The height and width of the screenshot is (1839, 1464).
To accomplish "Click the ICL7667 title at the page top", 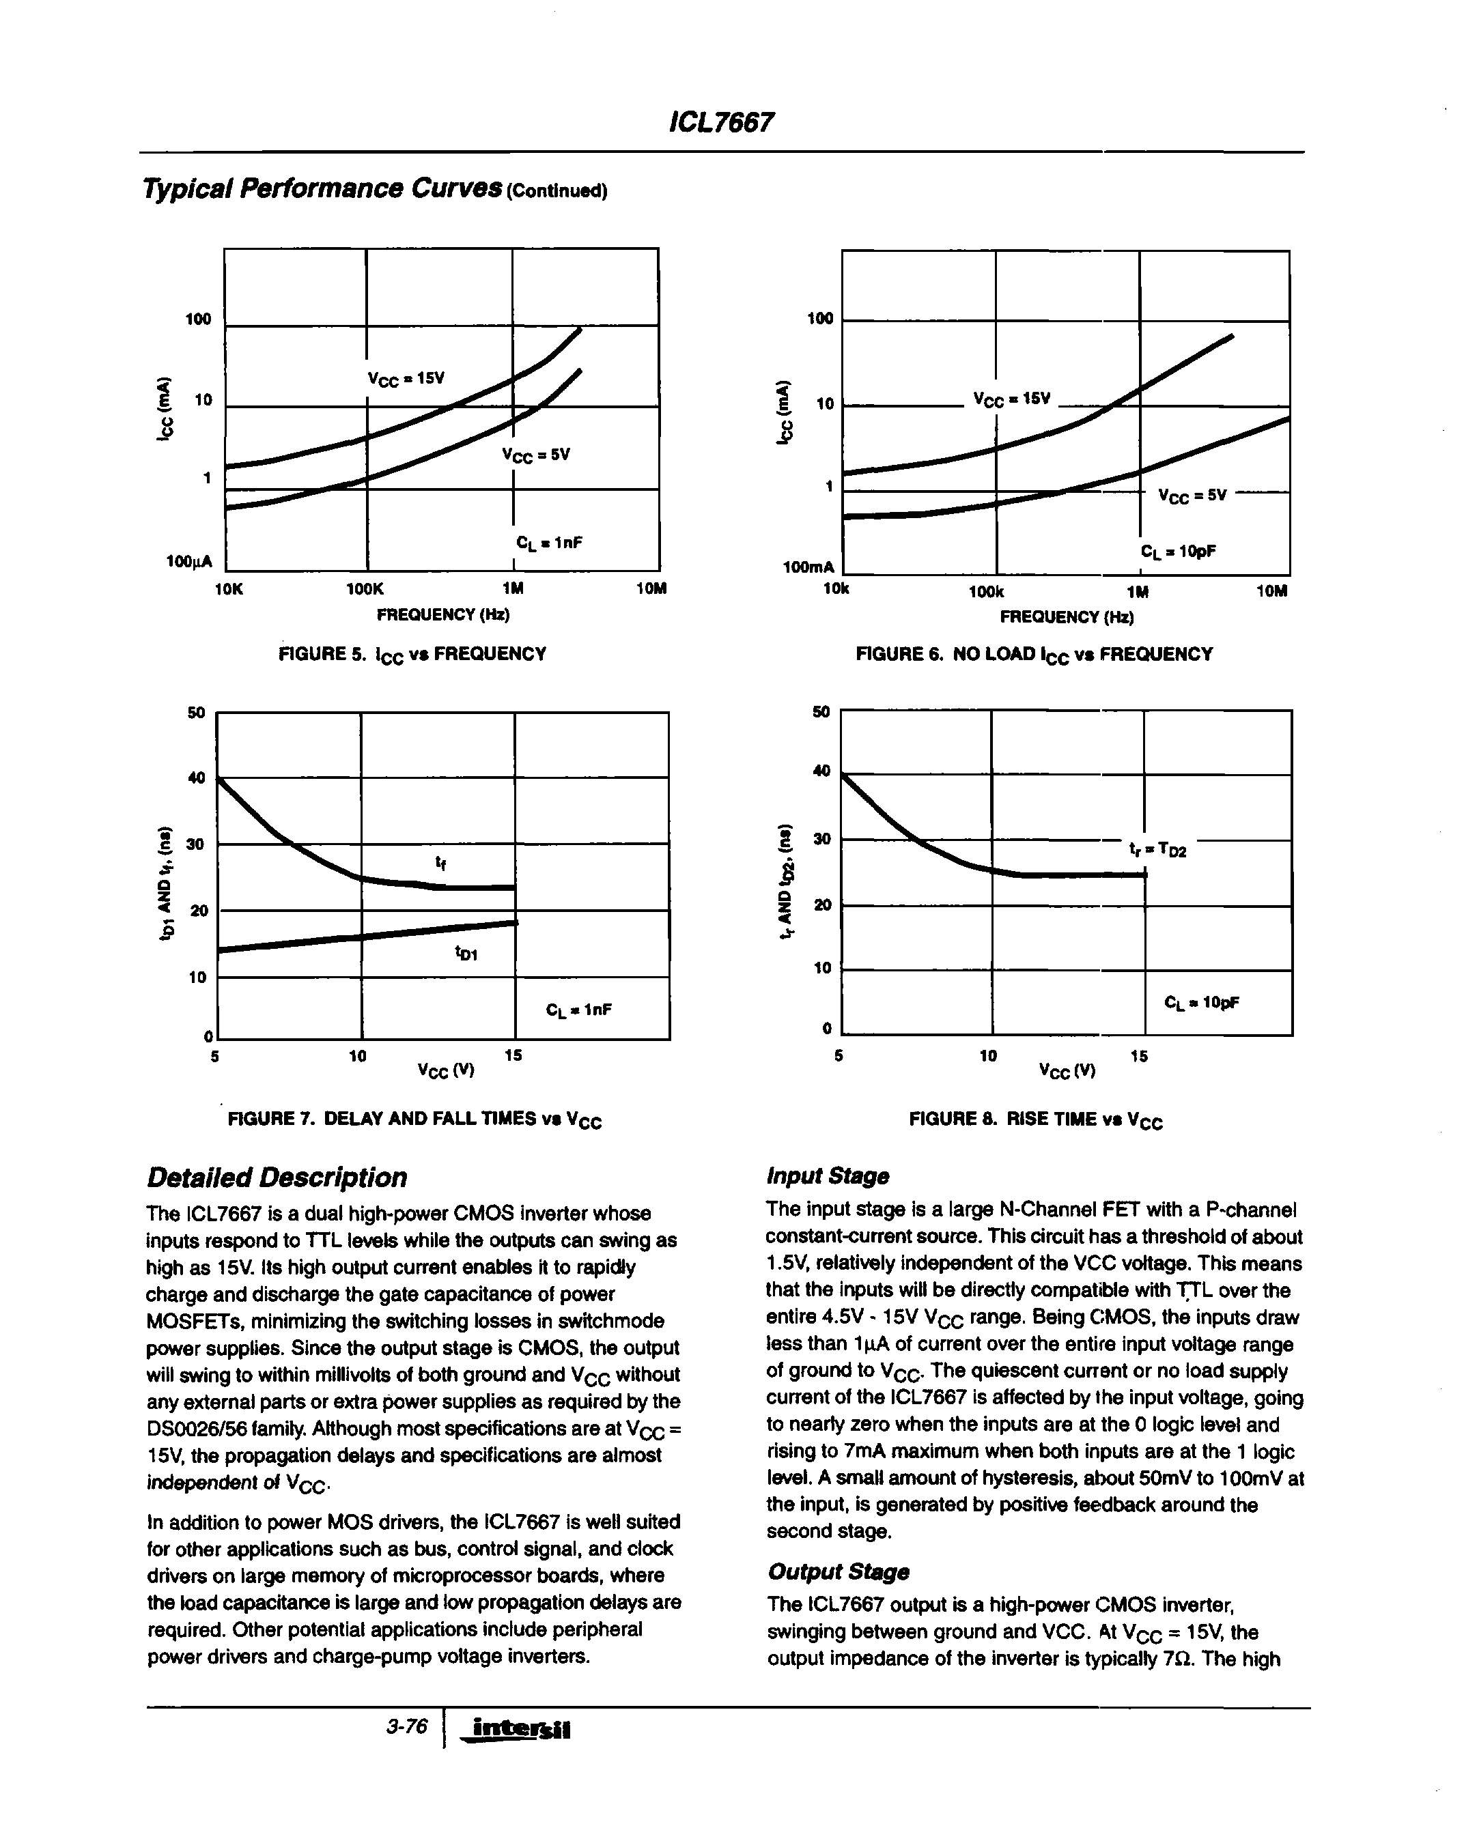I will click(721, 123).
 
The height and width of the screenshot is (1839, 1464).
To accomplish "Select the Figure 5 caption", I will click(412, 654).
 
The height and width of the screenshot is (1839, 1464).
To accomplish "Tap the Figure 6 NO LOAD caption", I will click(1033, 654).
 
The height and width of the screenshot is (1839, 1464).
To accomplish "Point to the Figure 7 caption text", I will click(414, 1119).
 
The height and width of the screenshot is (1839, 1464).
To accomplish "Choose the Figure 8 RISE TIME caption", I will click(1036, 1119).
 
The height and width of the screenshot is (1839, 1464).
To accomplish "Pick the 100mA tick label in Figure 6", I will click(807, 567).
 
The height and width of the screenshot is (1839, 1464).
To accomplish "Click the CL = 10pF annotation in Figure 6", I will click(1177, 552).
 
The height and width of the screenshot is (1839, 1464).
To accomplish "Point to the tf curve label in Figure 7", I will click(440, 864).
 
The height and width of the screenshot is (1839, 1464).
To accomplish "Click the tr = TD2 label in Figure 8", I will click(1157, 850).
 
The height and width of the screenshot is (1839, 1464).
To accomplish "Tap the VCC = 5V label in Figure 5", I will click(536, 455).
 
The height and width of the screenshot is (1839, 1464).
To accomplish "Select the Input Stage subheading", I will click(828, 1176).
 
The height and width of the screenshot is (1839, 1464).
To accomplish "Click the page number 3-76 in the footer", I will click(406, 1726).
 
